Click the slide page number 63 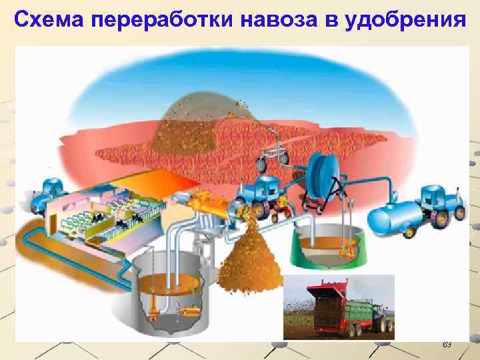point(447,345)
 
